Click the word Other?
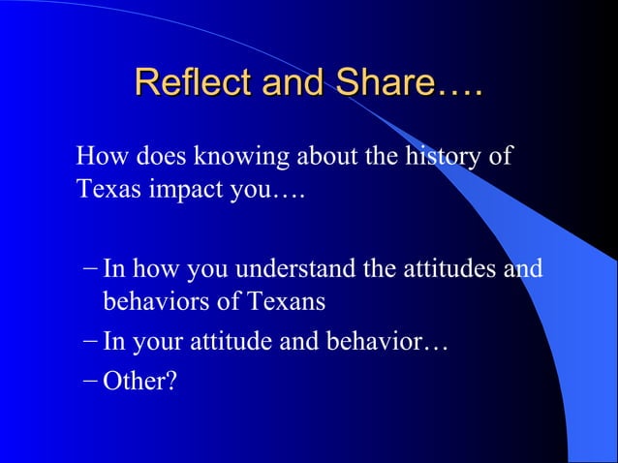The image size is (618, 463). (x=139, y=382)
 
